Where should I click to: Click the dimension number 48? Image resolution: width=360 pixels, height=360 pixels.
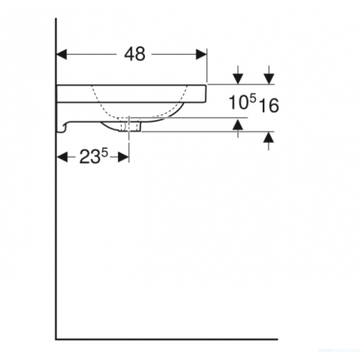(133, 54)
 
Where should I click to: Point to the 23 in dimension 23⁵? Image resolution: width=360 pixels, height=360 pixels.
(88, 157)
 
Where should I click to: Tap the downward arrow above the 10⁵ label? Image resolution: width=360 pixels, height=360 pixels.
(237, 77)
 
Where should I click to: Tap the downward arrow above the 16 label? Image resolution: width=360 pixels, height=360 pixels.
(268, 77)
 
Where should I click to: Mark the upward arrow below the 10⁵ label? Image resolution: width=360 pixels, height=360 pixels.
(237, 124)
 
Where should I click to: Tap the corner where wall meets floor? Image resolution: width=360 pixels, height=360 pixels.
(57, 337)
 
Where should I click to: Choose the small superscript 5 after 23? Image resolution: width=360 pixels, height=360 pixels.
(104, 152)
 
